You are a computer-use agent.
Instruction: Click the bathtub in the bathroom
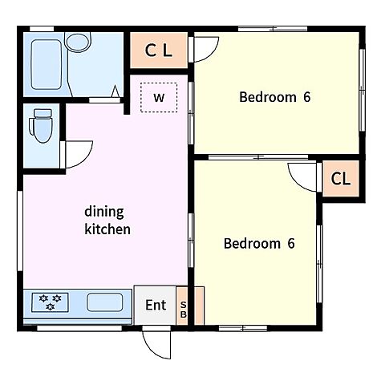(47, 64)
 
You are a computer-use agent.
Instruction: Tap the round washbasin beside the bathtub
(78, 42)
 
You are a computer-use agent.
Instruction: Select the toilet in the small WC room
(42, 125)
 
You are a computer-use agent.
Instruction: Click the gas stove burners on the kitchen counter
(50, 302)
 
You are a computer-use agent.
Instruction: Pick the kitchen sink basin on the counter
(105, 302)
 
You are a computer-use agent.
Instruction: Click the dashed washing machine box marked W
(159, 98)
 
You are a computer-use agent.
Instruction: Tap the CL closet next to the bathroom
(159, 50)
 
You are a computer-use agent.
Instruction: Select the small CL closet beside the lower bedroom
(341, 179)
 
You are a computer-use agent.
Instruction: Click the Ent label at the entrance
(156, 305)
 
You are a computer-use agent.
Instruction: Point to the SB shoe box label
(183, 310)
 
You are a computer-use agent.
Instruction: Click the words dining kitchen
(107, 221)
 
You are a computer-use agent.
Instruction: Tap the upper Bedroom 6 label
(275, 97)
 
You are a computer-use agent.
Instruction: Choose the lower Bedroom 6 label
(259, 243)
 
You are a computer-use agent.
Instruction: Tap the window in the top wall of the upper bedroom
(273, 29)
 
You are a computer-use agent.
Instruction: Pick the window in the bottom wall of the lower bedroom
(243, 328)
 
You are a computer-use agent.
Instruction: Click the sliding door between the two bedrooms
(258, 157)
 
